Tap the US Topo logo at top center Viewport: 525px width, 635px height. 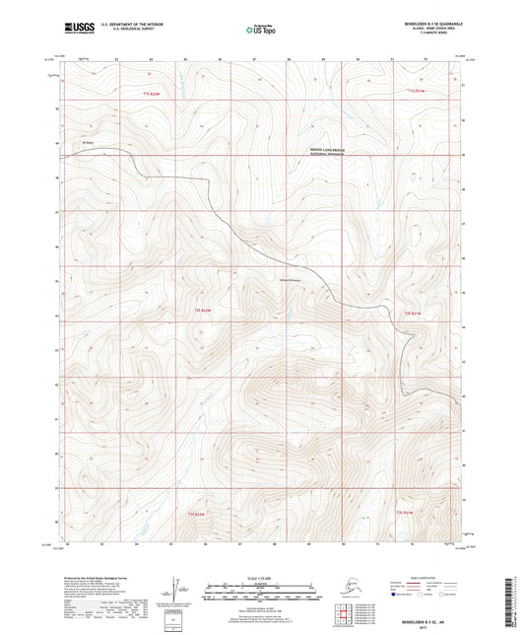click(261, 29)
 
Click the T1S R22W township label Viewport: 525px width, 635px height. click(151, 93)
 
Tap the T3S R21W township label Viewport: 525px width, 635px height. click(404, 512)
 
